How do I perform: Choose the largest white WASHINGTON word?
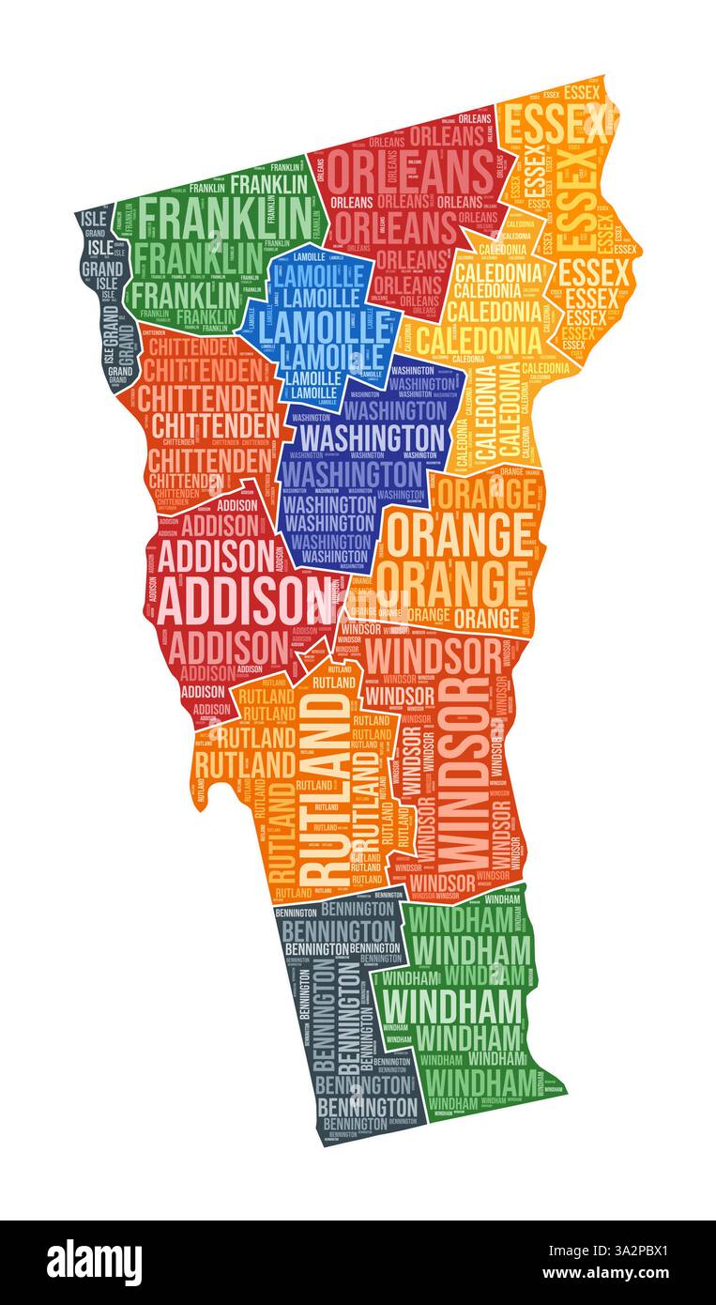373,438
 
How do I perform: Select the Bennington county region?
347,1014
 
